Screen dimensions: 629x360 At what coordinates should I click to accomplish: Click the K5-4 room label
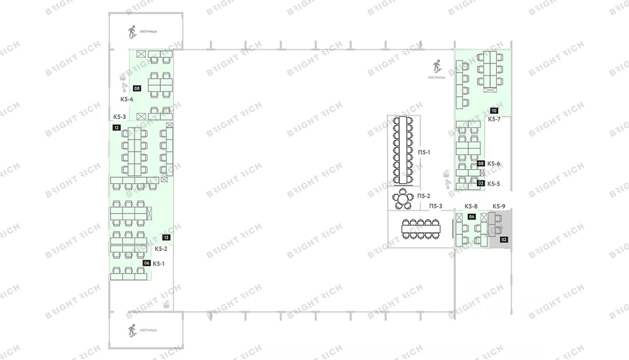pos(127,99)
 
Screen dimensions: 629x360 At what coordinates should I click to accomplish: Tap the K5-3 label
pos(120,117)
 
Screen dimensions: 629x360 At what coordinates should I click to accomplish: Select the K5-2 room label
pos(161,249)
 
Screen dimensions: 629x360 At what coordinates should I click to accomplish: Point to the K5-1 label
pos(159,263)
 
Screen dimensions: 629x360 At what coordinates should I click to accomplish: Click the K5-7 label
pos(494,119)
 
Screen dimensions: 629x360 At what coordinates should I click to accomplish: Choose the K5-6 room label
pos(494,164)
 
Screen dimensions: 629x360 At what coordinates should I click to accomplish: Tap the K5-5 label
pos(494,184)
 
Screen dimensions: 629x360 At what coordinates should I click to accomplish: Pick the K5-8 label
pos(471,206)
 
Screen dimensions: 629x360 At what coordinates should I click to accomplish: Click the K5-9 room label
pos(499,206)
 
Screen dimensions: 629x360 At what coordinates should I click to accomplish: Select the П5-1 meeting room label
pos(424,152)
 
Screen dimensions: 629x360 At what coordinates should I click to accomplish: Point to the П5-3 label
pos(436,206)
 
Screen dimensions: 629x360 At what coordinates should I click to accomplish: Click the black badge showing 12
pos(116,128)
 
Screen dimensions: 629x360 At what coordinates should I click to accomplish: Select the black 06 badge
pos(146,263)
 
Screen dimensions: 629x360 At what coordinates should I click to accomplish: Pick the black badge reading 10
pos(494,111)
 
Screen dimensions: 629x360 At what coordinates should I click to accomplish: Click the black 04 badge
pos(472,217)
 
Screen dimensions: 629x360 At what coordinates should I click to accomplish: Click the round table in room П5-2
pos(403,199)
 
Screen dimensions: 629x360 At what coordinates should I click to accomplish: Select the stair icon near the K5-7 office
pos(436,66)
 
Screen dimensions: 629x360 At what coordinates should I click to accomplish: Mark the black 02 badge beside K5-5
pos(481,184)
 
